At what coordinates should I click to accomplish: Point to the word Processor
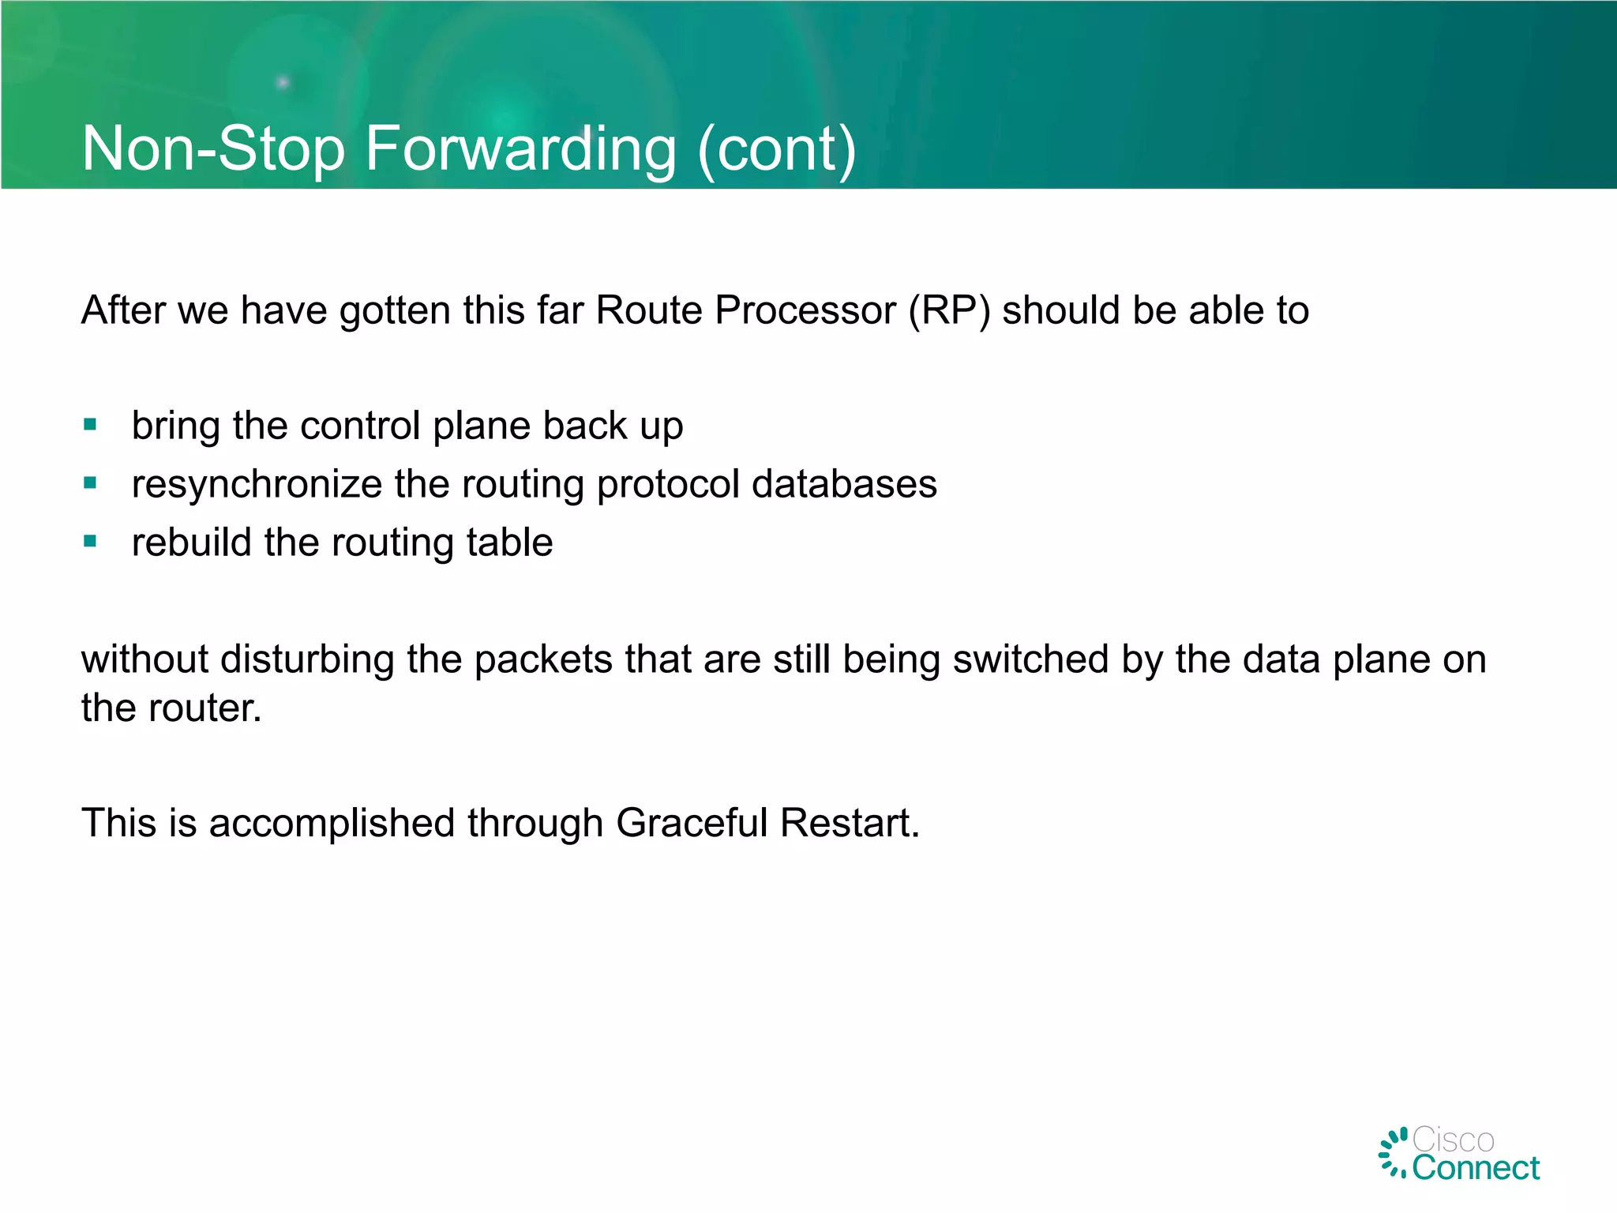pyautogui.click(x=805, y=310)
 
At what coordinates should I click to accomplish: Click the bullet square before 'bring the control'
pyautogui.click(x=90, y=425)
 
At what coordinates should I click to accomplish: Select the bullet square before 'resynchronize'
pyautogui.click(x=90, y=483)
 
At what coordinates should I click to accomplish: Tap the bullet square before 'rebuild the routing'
pyautogui.click(x=90, y=541)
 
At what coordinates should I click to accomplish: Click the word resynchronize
pyautogui.click(x=257, y=485)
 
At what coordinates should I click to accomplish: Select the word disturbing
pyautogui.click(x=307, y=659)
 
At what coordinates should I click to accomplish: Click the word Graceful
pyautogui.click(x=692, y=823)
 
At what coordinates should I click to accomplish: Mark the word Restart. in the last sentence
pyautogui.click(x=850, y=823)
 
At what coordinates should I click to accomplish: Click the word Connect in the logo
pyautogui.click(x=1476, y=1168)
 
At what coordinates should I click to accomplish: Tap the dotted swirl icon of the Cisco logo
pyautogui.click(x=1394, y=1153)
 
